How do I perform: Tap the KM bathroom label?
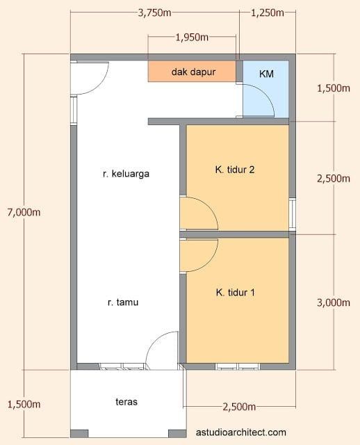(x=265, y=74)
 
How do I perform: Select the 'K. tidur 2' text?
(x=236, y=169)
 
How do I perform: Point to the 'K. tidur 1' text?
(x=236, y=293)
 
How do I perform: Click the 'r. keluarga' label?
(x=126, y=174)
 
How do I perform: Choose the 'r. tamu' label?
(x=123, y=302)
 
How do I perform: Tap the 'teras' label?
(x=126, y=402)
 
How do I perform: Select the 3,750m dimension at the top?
(x=155, y=13)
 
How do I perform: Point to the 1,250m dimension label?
(x=267, y=13)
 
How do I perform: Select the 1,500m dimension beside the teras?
(x=23, y=404)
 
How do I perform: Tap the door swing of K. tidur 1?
(x=196, y=255)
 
